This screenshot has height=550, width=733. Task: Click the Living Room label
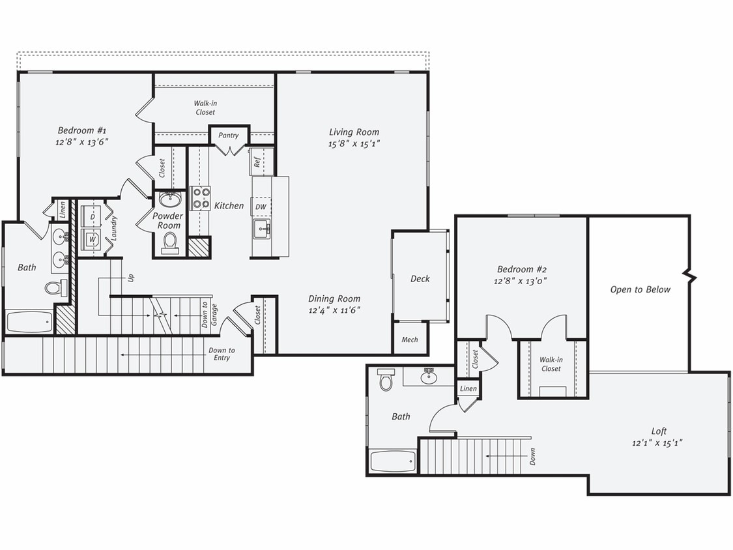pyautogui.click(x=354, y=132)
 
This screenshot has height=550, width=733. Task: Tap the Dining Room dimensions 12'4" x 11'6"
pyautogui.click(x=334, y=310)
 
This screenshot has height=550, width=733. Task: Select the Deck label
pyautogui.click(x=420, y=279)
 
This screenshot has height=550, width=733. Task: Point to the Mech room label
pyautogui.click(x=410, y=340)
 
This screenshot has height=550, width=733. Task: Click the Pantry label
pyautogui.click(x=229, y=136)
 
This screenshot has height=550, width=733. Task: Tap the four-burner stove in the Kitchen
pyautogui.click(x=200, y=197)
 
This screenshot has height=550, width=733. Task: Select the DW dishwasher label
pyautogui.click(x=260, y=207)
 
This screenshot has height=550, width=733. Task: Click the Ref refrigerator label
pyautogui.click(x=257, y=162)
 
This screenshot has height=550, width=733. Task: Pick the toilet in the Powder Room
pyautogui.click(x=170, y=241)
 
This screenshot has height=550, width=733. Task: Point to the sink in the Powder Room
pyautogui.click(x=170, y=199)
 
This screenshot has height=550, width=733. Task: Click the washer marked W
pyautogui.click(x=92, y=239)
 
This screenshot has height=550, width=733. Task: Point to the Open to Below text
pyautogui.click(x=640, y=289)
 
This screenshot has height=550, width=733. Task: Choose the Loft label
pyautogui.click(x=659, y=431)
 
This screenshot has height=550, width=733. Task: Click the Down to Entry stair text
pyautogui.click(x=222, y=354)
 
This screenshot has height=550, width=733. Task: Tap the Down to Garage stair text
pyautogui.click(x=206, y=313)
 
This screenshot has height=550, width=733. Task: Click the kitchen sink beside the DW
pyautogui.click(x=262, y=228)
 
